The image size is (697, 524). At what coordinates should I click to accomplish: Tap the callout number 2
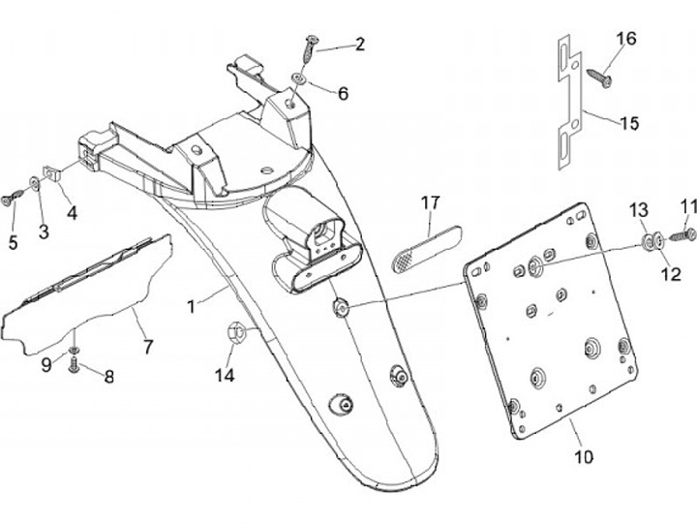click(360, 44)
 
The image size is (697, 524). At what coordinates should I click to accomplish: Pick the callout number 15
click(630, 124)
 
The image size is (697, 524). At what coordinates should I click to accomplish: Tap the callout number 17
click(431, 203)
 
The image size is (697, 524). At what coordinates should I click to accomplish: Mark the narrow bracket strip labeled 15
click(568, 107)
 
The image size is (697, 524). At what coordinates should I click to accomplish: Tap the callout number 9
click(46, 365)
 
